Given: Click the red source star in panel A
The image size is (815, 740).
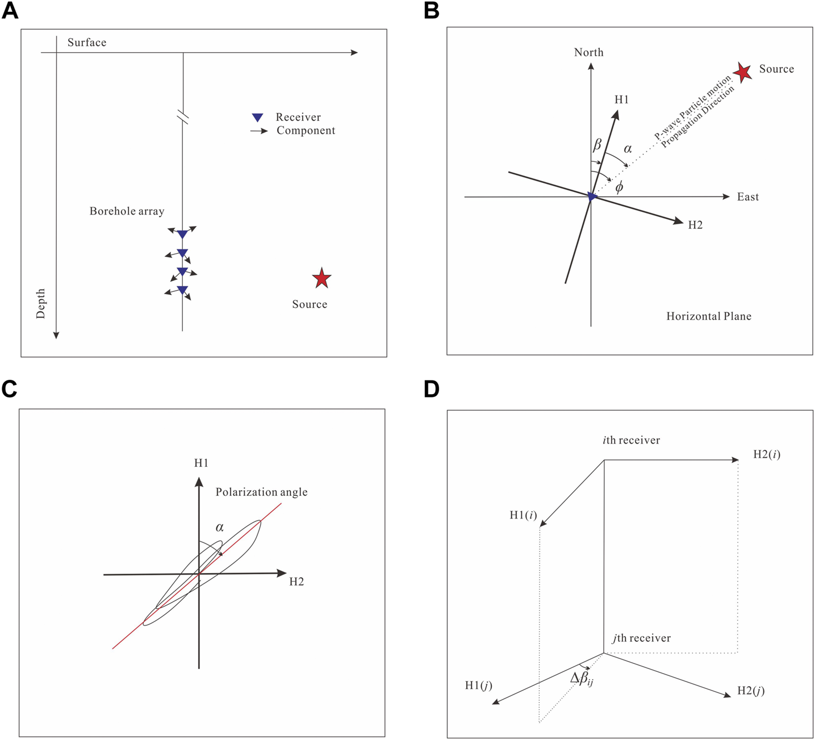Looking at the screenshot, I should (321, 278).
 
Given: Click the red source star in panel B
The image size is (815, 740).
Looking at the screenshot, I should (742, 72).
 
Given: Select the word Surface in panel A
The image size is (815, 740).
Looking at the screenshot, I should (87, 43).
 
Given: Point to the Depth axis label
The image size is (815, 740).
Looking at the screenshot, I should (41, 303).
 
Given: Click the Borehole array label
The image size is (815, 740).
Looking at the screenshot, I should (127, 211).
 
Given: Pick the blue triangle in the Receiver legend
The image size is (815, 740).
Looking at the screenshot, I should (257, 118).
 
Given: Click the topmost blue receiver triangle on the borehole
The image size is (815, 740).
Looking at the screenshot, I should (182, 234).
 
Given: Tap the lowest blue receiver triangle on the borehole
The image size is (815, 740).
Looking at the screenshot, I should (182, 290).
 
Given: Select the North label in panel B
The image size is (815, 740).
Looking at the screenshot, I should (588, 53).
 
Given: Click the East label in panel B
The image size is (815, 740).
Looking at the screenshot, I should (748, 197).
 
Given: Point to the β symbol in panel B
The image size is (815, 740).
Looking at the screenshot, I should (597, 145).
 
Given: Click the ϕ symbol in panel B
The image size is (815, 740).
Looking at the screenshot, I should (619, 187).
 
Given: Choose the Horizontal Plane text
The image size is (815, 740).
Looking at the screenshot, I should (709, 316).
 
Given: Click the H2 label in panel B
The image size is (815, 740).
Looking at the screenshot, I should (695, 225).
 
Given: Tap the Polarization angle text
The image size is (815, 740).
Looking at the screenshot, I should (261, 492).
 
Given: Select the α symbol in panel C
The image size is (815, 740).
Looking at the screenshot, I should (220, 528).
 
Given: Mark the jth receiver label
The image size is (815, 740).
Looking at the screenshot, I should (641, 638).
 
